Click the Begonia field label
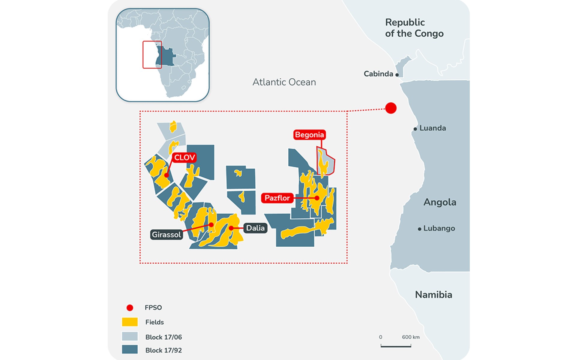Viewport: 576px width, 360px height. [309, 135]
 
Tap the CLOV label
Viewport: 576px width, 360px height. [184, 157]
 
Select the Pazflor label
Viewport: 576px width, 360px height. [277, 198]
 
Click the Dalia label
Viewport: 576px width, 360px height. [255, 228]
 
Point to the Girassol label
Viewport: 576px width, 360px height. [166, 235]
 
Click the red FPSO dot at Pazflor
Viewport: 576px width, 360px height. [317, 198]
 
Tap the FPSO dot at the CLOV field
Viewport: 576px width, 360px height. [166, 175]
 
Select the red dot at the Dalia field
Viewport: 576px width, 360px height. [231, 228]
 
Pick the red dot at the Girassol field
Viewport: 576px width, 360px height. [211, 225]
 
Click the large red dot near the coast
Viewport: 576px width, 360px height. [391, 108]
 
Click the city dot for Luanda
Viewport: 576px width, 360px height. [415, 129]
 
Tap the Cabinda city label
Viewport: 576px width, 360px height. [378, 74]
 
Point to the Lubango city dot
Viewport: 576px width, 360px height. [419, 229]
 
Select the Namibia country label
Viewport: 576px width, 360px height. [433, 295]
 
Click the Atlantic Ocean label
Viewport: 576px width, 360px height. [284, 82]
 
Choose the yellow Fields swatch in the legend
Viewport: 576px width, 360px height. [130, 322]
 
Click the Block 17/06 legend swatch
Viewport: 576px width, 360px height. [130, 336]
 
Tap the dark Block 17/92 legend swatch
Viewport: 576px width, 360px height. [130, 349]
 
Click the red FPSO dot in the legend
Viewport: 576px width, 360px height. [130, 307]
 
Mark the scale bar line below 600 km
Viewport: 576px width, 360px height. [396, 346]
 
